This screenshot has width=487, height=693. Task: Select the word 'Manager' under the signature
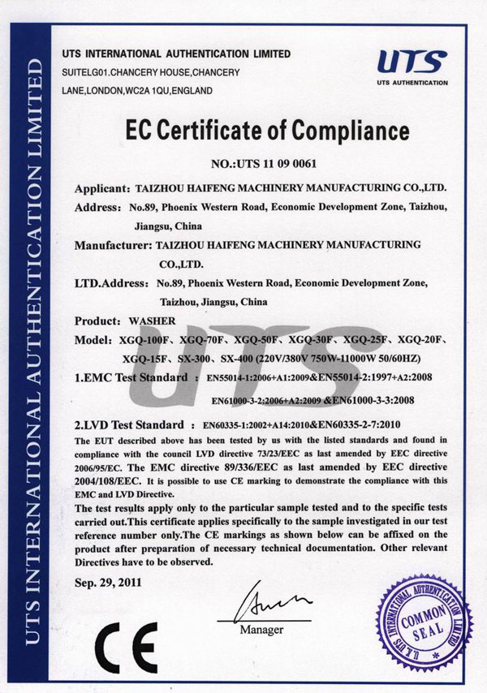click(261, 630)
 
